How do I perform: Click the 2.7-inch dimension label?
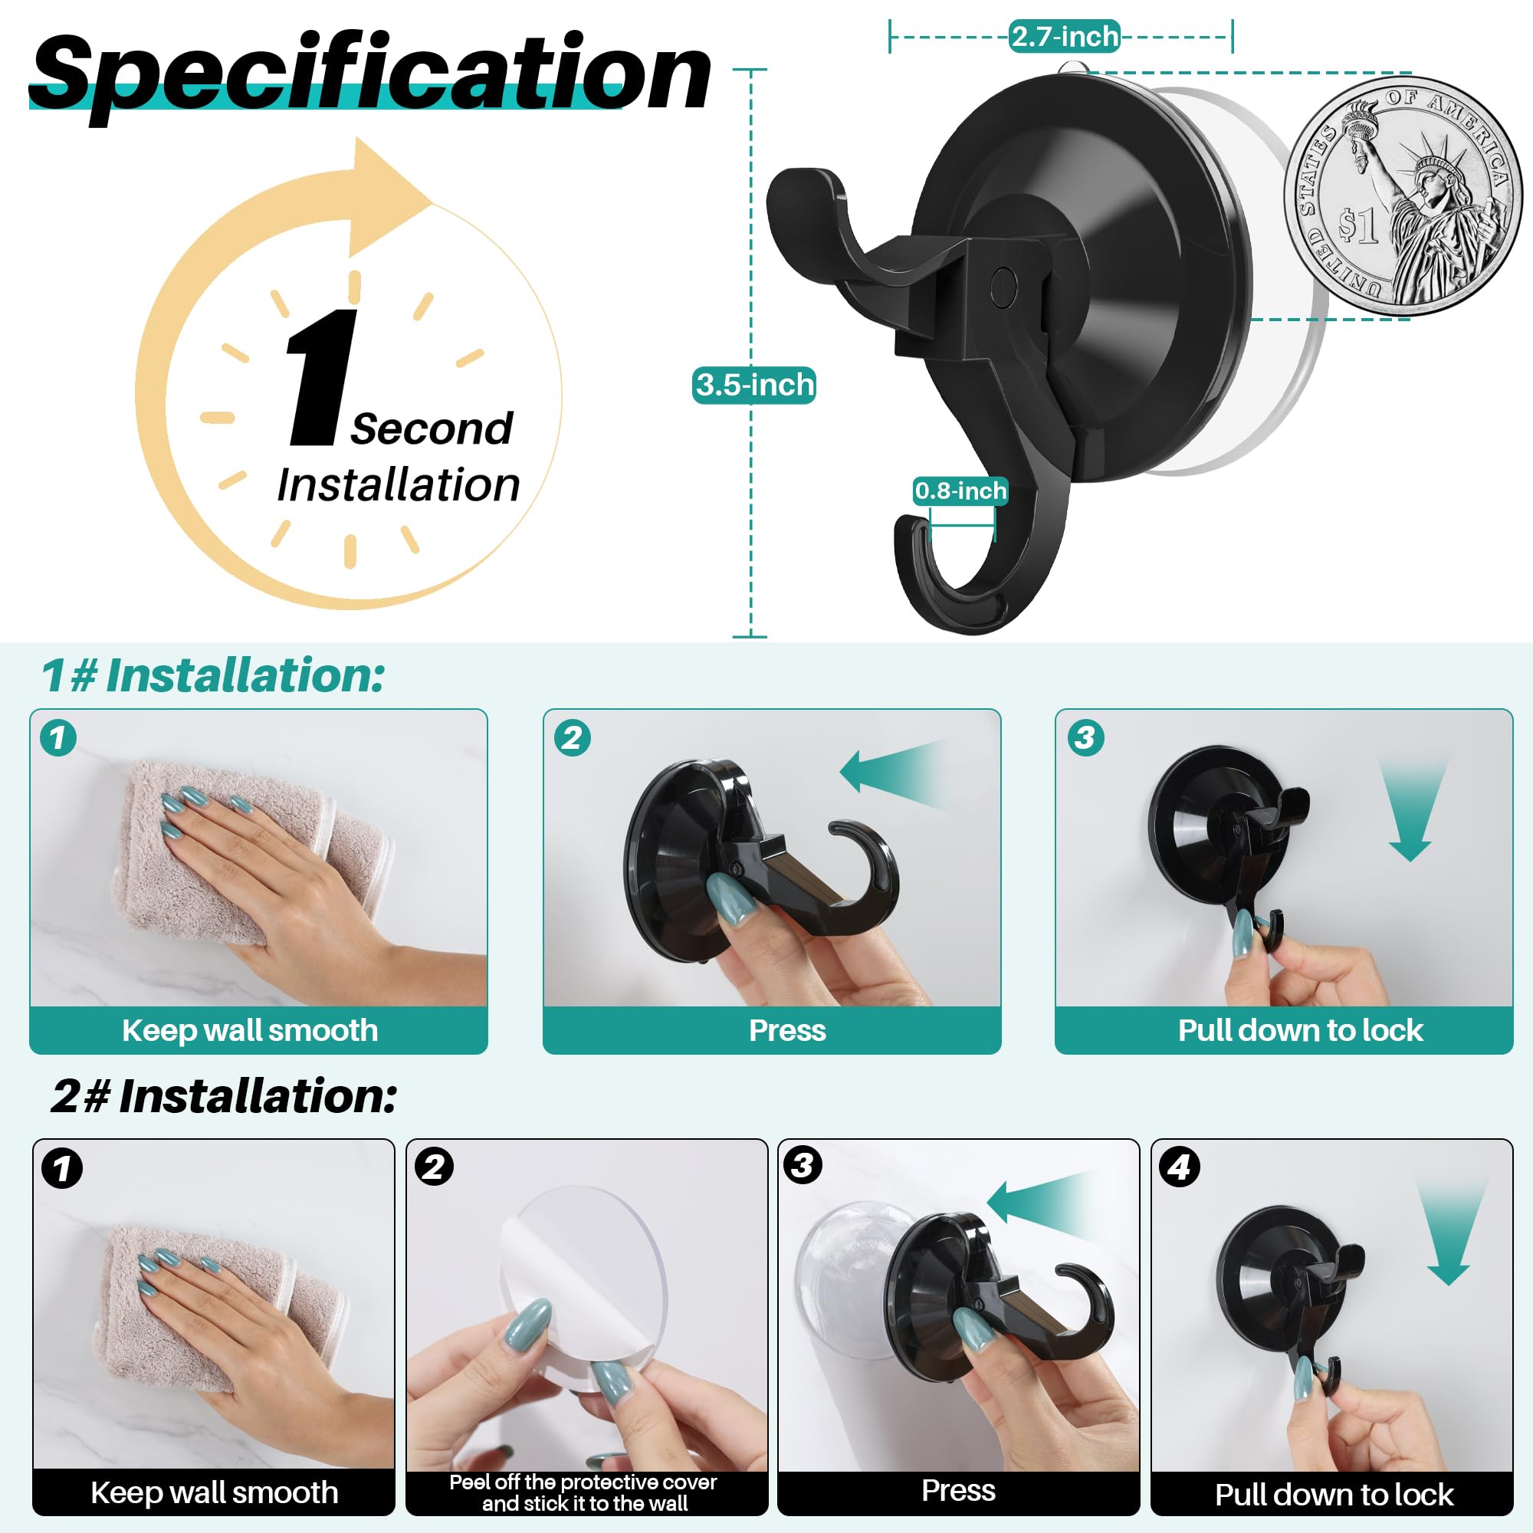pos(1064,37)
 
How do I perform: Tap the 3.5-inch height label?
pos(753,385)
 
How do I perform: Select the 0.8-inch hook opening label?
pos(960,491)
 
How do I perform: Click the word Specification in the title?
pos(371,73)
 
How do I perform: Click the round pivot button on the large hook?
pos(1004,286)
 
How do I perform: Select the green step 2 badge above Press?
pos(572,738)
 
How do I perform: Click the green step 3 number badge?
pos(1085,737)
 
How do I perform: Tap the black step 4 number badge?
pos(1179,1167)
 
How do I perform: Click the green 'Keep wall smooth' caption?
pos(250,1030)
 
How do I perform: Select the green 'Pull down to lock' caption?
pos(1300,1030)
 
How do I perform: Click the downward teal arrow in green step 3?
pos(1411,809)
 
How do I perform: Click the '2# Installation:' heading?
pos(225,1097)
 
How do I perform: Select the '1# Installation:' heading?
pos(212,676)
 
